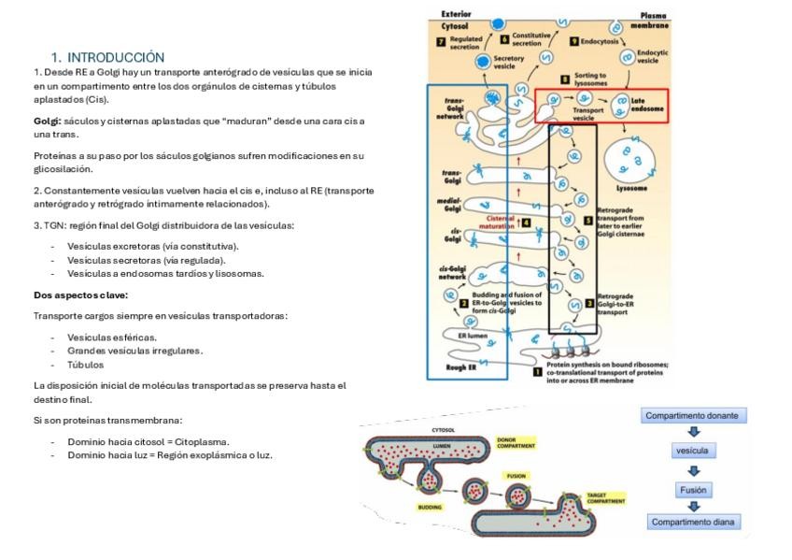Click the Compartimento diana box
pos(693,523)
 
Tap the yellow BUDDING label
pos(431,507)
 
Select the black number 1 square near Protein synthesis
pos(537,371)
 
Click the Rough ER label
pos(455,366)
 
